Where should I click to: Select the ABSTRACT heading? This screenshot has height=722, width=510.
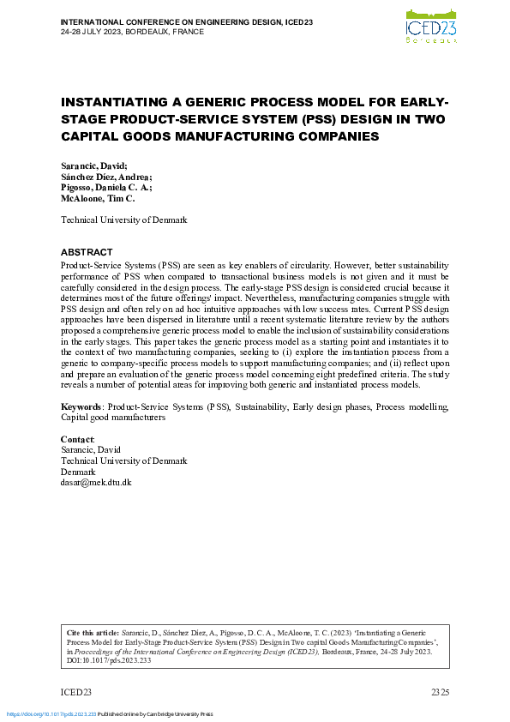coord(86,252)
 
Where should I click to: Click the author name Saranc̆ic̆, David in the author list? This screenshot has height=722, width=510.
coord(93,165)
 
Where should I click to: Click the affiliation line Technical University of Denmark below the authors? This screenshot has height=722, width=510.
coord(123,220)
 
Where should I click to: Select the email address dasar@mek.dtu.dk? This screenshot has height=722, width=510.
coord(96,482)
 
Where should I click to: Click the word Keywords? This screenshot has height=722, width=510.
coord(81,406)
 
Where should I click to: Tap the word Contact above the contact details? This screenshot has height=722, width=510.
coord(77,440)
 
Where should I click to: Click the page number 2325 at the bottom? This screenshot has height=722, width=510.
coord(439,691)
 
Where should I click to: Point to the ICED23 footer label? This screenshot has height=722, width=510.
coord(75,691)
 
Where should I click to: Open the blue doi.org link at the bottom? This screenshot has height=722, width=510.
coord(51,714)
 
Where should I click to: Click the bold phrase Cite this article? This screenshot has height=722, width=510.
coord(88,631)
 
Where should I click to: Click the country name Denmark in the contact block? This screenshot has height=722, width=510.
coord(78,472)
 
